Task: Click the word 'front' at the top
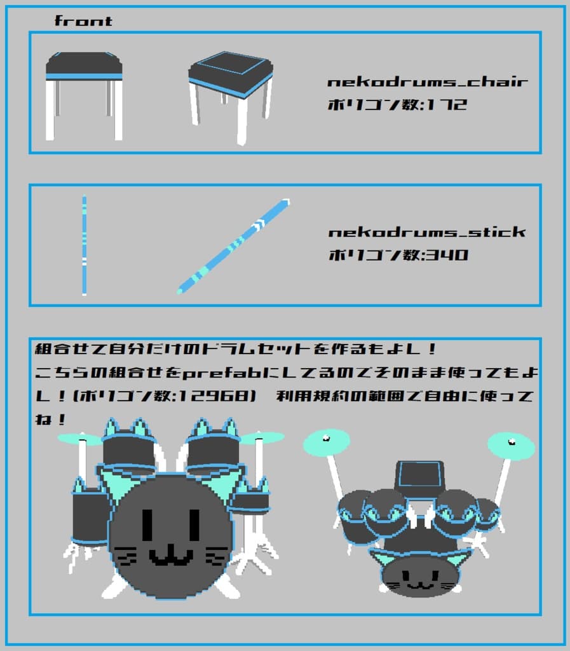tap(83, 21)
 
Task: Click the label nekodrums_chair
tap(427, 82)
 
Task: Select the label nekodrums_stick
tap(427, 232)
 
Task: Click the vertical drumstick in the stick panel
tap(84, 245)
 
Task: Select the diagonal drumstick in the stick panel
tap(233, 246)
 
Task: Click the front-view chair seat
tap(84, 65)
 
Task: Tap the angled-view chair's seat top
tap(230, 65)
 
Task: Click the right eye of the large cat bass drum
tap(194, 524)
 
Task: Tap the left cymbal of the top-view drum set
tap(327, 442)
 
